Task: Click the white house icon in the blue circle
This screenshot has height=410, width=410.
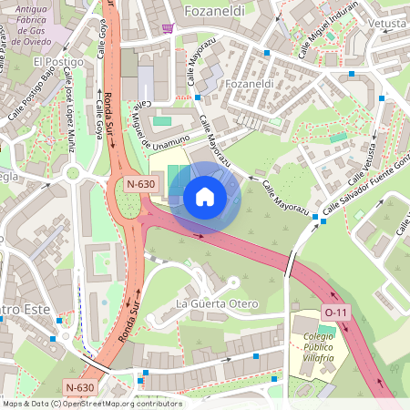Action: pos(205,197)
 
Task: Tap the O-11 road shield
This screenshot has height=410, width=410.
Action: pos(336,313)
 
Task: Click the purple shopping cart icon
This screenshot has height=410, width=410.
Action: pos(167,27)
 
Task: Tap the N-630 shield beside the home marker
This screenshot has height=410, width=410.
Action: pos(142,184)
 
